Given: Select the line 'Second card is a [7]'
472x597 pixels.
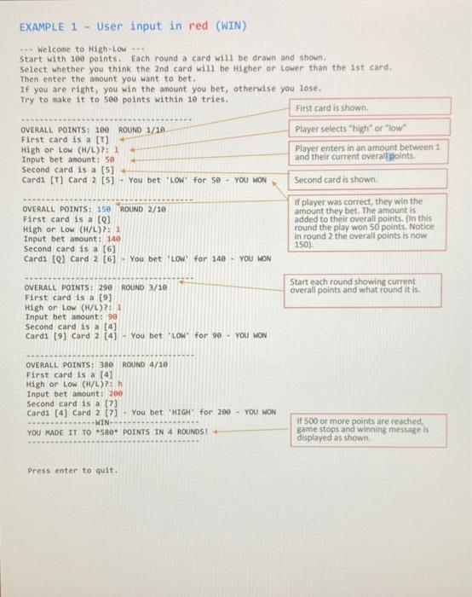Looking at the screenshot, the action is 69,403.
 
